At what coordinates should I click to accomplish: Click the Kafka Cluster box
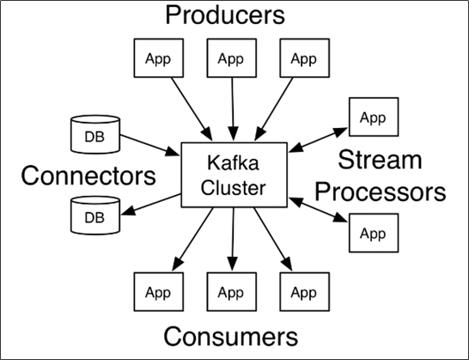[x=235, y=175]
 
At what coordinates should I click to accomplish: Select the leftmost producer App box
[x=157, y=59]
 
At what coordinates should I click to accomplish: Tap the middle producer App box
[x=230, y=59]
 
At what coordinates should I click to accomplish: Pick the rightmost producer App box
[x=303, y=59]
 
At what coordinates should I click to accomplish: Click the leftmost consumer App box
[x=157, y=293]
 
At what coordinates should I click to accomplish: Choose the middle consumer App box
[x=230, y=293]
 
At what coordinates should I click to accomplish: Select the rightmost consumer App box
[x=303, y=293]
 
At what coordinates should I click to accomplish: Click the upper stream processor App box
[x=373, y=118]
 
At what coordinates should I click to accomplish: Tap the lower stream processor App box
[x=373, y=233]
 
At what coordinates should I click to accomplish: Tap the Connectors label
[x=89, y=175]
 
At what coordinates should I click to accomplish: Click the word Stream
[x=380, y=160]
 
